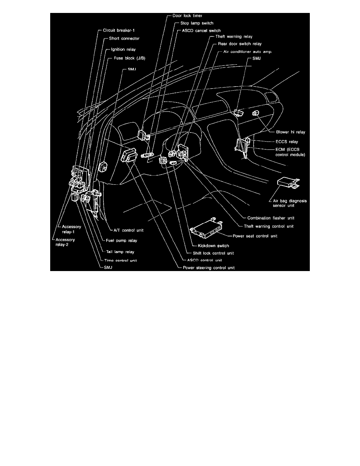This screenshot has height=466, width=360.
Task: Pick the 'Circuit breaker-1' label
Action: click(x=122, y=30)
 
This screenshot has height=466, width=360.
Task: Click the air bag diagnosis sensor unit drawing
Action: click(x=287, y=182)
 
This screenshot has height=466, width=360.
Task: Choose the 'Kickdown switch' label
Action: click(x=214, y=246)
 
